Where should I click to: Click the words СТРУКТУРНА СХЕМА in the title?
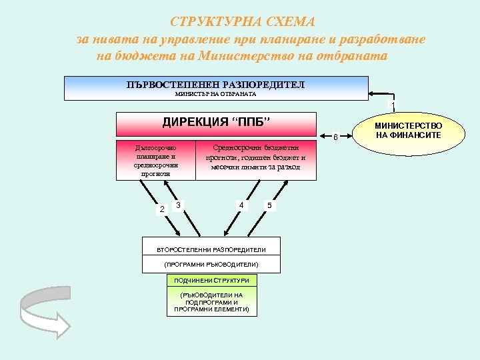[243, 22]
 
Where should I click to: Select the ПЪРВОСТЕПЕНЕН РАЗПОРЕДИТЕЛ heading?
[216, 85]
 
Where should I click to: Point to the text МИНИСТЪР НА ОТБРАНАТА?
[216, 94]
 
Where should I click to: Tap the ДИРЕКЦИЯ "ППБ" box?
[216, 123]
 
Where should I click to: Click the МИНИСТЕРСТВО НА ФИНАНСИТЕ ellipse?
[408, 130]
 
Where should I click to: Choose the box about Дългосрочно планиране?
[156, 160]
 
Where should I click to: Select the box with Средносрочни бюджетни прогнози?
[256, 159]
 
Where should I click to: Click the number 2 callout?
[161, 209]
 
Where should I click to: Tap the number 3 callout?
[179, 204]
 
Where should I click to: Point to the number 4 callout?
[241, 204]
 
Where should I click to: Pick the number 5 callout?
[269, 205]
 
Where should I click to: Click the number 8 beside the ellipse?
[336, 138]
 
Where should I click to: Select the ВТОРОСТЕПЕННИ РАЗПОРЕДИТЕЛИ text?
[211, 249]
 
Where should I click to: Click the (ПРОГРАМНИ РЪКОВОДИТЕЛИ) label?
[211, 265]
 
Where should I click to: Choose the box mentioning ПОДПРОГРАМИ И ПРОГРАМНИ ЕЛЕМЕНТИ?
[211, 302]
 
